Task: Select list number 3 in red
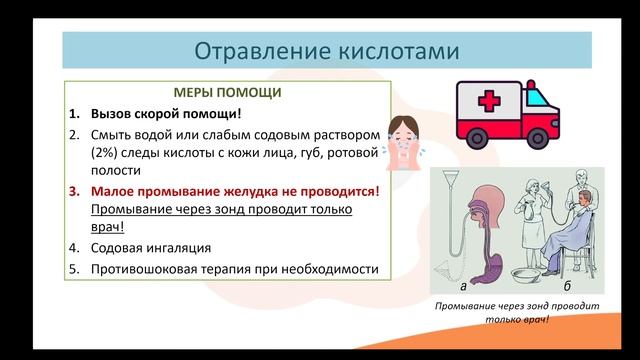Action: (75, 191)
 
